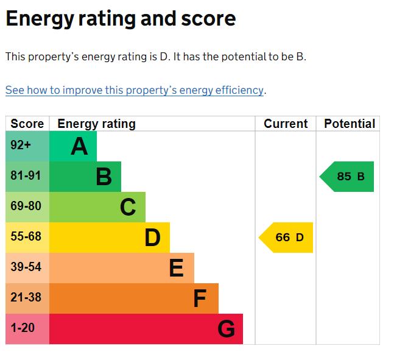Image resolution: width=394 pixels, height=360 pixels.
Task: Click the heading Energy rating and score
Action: pyautogui.click(x=121, y=18)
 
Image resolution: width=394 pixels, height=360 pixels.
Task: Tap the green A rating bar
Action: pyautogui.click(x=73, y=146)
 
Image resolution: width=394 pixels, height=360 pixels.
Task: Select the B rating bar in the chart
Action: pyautogui.click(x=85, y=177)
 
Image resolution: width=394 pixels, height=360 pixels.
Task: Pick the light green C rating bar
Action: pyautogui.click(x=97, y=207)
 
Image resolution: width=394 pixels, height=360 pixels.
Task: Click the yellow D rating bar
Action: pyautogui.click(x=110, y=238)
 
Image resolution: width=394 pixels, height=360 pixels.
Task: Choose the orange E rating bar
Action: pyautogui.click(x=122, y=268)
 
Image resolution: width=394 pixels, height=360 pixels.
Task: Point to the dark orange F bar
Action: pyautogui.click(x=134, y=298)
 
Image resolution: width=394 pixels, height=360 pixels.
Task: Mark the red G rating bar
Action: pyautogui.click(x=146, y=329)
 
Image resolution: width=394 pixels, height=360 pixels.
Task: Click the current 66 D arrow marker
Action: pyautogui.click(x=287, y=238)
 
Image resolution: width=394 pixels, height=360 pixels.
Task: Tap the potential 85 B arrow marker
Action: pyautogui.click(x=348, y=177)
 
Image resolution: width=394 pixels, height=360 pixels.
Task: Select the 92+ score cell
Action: pyautogui.click(x=27, y=146)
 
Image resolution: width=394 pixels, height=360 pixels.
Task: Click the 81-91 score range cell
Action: pyautogui.click(x=27, y=177)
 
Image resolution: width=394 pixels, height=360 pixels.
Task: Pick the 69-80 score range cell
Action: pyautogui.click(x=27, y=207)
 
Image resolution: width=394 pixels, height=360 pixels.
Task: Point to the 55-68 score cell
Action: pyautogui.click(x=27, y=238)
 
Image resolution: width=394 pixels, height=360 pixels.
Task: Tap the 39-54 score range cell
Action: pyautogui.click(x=27, y=268)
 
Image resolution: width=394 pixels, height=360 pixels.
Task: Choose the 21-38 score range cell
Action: pyautogui.click(x=27, y=298)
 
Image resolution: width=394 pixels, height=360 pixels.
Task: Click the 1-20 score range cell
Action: pyautogui.click(x=27, y=329)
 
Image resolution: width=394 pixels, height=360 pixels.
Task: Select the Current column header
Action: pyautogui.click(x=286, y=124)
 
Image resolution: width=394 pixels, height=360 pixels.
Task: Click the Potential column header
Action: pyautogui.click(x=349, y=124)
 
